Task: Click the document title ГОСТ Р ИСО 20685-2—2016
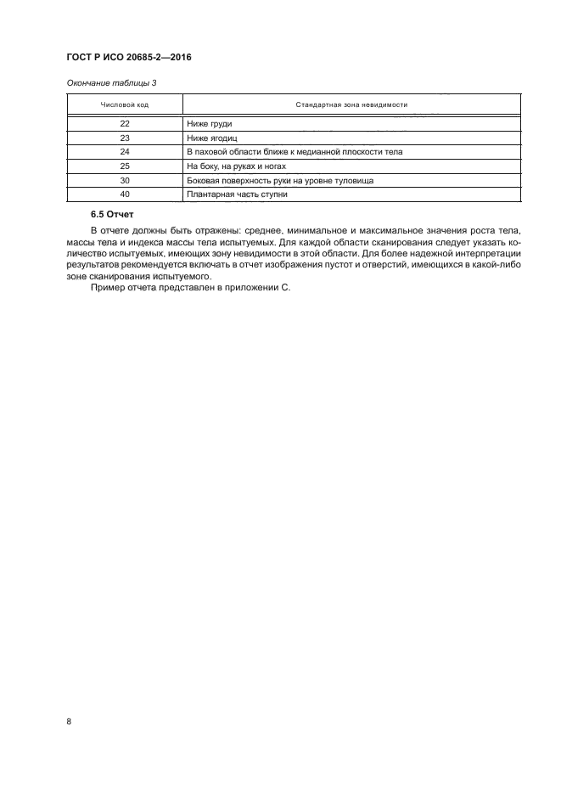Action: click(126, 58)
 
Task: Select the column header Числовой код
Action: click(124, 104)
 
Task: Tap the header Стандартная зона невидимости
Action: click(351, 104)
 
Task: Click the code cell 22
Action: click(125, 123)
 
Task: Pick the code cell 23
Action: click(125, 137)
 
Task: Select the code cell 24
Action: click(125, 151)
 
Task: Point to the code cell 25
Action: click(125, 166)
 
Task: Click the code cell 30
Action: click(125, 180)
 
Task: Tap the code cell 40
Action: click(125, 194)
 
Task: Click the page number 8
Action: click(68, 722)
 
